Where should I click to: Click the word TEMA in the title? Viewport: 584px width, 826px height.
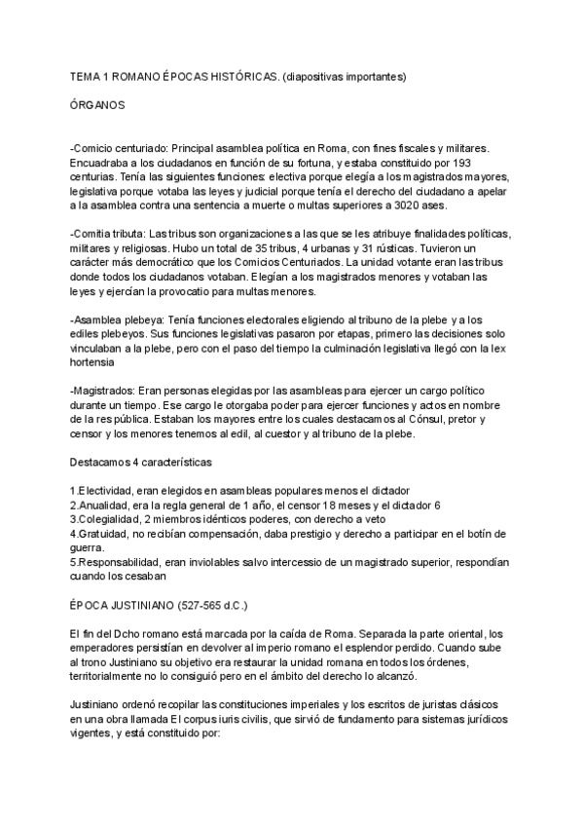[x=87, y=75]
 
